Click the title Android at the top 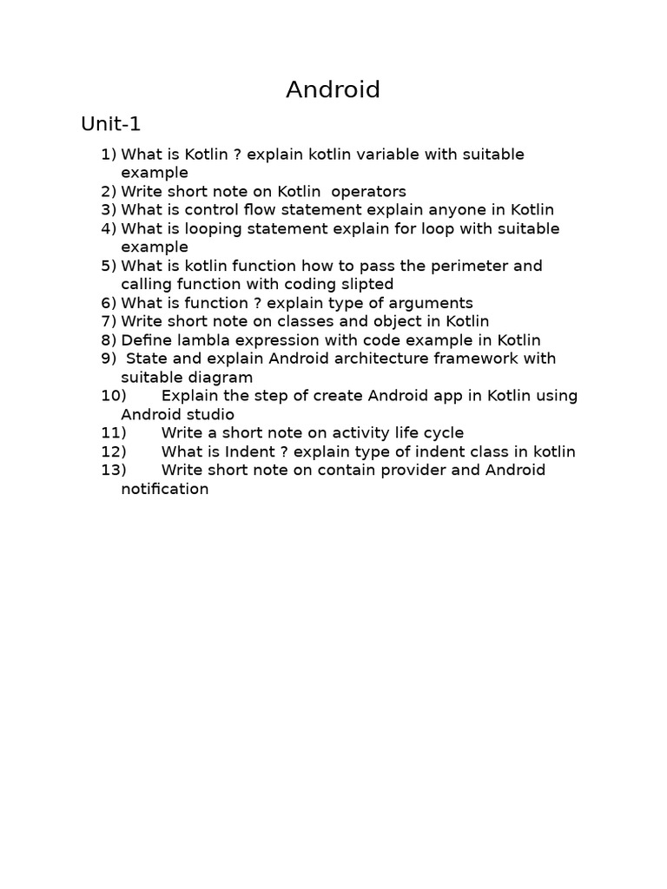[333, 89]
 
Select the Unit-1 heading [110, 124]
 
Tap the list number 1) [109, 155]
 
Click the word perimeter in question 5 [472, 266]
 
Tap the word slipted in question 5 [365, 285]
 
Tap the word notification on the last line [165, 489]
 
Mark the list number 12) [114, 451]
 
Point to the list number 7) [109, 321]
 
